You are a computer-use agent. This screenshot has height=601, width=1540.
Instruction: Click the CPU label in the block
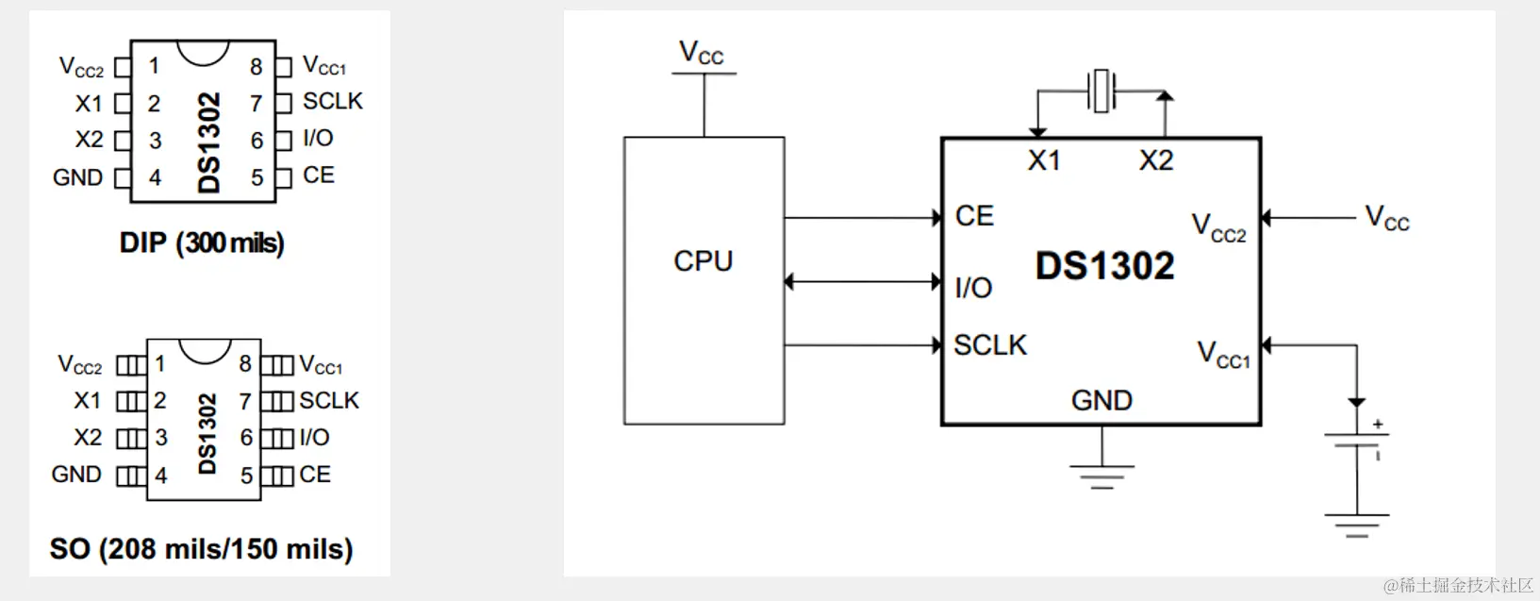pos(703,261)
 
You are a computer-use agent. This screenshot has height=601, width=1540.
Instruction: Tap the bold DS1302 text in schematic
pos(1104,266)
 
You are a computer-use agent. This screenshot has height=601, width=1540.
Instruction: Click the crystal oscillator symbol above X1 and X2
pos(1101,91)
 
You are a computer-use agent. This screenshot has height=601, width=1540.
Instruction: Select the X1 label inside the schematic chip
pos(1044,160)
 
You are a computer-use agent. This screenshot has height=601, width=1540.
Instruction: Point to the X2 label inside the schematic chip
pos(1156,160)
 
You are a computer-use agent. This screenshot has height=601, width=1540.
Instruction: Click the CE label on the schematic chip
pos(974,216)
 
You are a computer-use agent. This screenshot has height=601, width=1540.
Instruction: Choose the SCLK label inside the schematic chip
pos(989,345)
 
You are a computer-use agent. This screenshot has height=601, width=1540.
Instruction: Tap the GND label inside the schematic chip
pos(1101,400)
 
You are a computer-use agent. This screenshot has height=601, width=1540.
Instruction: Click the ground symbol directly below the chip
pos(1101,475)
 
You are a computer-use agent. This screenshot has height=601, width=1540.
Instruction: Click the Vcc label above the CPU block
pos(702,53)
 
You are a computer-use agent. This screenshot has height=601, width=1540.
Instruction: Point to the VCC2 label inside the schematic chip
pos(1218,227)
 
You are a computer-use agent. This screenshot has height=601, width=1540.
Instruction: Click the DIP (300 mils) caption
pos(202,243)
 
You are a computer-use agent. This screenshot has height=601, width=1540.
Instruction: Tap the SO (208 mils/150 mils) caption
pos(201,549)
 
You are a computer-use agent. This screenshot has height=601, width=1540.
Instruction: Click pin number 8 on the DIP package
pos(256,67)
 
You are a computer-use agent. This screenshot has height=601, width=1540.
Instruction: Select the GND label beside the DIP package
pos(78,177)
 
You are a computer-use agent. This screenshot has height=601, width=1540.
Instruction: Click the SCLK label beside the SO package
pos(329,401)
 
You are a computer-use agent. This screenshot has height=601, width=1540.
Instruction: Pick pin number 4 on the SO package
pos(161,476)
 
